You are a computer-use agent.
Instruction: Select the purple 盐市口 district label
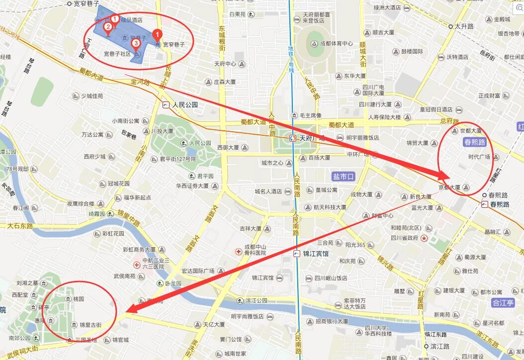click(344, 176)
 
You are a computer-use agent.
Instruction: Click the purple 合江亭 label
click(502, 302)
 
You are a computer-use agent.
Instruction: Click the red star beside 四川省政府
click(424, 238)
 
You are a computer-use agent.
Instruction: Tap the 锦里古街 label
click(90, 325)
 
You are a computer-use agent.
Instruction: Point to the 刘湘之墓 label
click(27, 283)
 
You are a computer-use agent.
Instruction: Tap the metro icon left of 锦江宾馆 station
click(297, 254)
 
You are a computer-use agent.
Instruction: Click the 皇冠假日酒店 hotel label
click(436, 109)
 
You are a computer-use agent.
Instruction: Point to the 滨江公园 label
click(256, 301)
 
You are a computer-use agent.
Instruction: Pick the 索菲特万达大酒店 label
click(354, 303)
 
